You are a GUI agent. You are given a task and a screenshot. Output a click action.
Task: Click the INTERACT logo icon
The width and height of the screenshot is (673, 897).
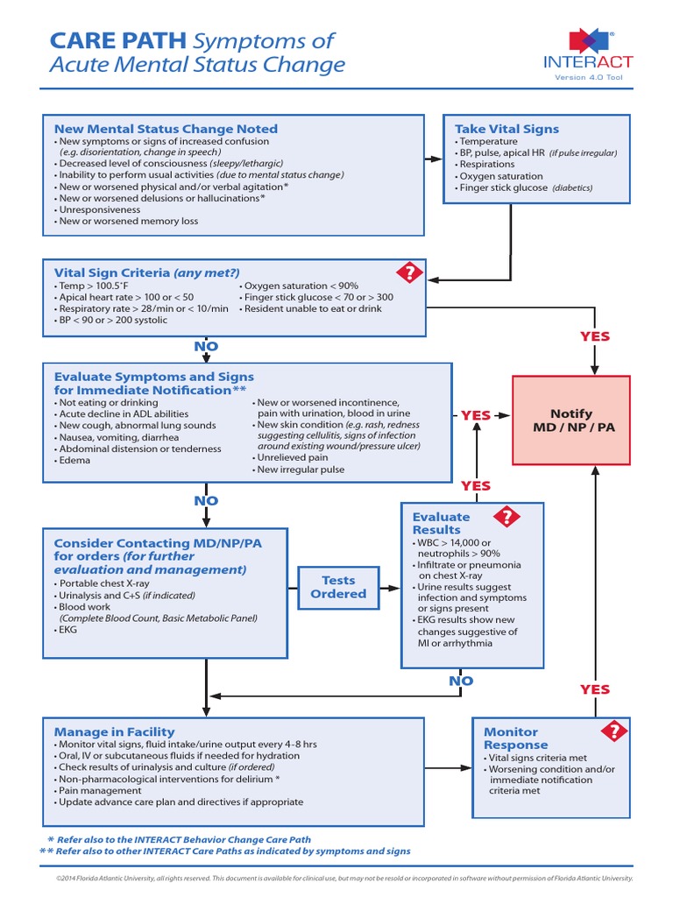(588, 40)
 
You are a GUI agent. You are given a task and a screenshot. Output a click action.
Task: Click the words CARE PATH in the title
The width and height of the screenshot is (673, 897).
(117, 40)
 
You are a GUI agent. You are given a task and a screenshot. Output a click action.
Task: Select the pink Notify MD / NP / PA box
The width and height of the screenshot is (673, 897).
(570, 420)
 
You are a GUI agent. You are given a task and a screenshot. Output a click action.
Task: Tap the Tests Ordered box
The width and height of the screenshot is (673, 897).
(338, 587)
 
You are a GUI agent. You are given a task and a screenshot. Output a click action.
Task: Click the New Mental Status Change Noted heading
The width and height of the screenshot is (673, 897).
(166, 129)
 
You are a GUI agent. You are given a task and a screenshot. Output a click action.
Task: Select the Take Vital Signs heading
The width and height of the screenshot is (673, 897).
(507, 129)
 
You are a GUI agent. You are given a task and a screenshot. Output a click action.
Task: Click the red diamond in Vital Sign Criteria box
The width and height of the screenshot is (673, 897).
(408, 272)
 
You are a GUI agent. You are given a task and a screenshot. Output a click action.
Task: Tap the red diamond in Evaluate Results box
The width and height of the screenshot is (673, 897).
(507, 517)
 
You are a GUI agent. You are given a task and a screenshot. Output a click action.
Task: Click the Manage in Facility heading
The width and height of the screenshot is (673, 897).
(114, 731)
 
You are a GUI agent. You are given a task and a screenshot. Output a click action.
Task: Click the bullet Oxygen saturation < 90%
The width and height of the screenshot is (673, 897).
(301, 286)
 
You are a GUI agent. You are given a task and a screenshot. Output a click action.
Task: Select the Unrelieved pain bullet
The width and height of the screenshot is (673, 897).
(292, 457)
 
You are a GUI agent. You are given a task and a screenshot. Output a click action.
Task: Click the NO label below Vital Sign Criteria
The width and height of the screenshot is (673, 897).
(206, 348)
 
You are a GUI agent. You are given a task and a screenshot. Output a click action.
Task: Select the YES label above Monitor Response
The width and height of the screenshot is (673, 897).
(595, 689)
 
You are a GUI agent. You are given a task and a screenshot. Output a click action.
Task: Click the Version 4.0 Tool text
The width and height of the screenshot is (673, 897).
(592, 77)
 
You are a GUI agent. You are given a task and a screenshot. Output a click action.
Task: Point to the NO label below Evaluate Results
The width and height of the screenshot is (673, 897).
(461, 681)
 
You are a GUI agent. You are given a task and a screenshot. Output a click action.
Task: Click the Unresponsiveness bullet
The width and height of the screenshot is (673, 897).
(98, 210)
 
